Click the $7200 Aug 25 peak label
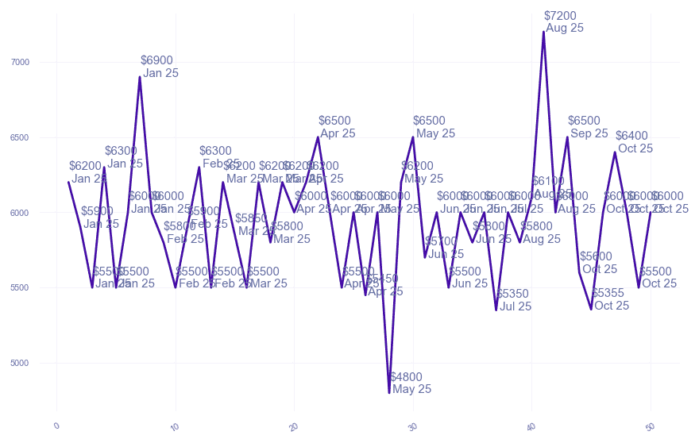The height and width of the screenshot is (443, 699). pyautogui.click(x=564, y=21)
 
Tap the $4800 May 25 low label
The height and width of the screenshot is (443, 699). pyautogui.click(x=411, y=383)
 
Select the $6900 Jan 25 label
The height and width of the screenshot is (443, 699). pyautogui.click(x=159, y=67)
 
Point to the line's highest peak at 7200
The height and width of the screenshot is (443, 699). pyautogui.click(x=544, y=32)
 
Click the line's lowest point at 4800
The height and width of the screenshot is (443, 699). pyautogui.click(x=389, y=392)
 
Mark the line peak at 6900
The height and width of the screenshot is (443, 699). pyautogui.click(x=140, y=77)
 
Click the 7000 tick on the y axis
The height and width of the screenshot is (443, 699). pyautogui.click(x=41, y=62)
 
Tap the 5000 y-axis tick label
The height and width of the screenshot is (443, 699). pyautogui.click(x=41, y=363)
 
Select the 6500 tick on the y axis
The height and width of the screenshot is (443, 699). pyautogui.click(x=41, y=137)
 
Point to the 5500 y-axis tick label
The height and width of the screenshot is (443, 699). pyautogui.click(x=41, y=287)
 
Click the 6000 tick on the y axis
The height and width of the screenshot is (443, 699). pyautogui.click(x=41, y=213)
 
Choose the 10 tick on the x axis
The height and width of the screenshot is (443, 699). pyautogui.click(x=175, y=427)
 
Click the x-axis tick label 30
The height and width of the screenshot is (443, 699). pyautogui.click(x=412, y=427)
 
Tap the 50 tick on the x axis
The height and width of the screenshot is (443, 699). pyautogui.click(x=650, y=427)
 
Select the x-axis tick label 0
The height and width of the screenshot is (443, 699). pyautogui.click(x=56, y=427)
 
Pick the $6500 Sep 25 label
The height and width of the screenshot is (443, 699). pyautogui.click(x=588, y=127)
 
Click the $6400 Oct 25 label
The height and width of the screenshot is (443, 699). pyautogui.click(x=634, y=141)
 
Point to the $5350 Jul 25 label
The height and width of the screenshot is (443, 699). pyautogui.click(x=514, y=300)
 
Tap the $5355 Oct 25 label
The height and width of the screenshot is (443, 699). pyautogui.click(x=610, y=299)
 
